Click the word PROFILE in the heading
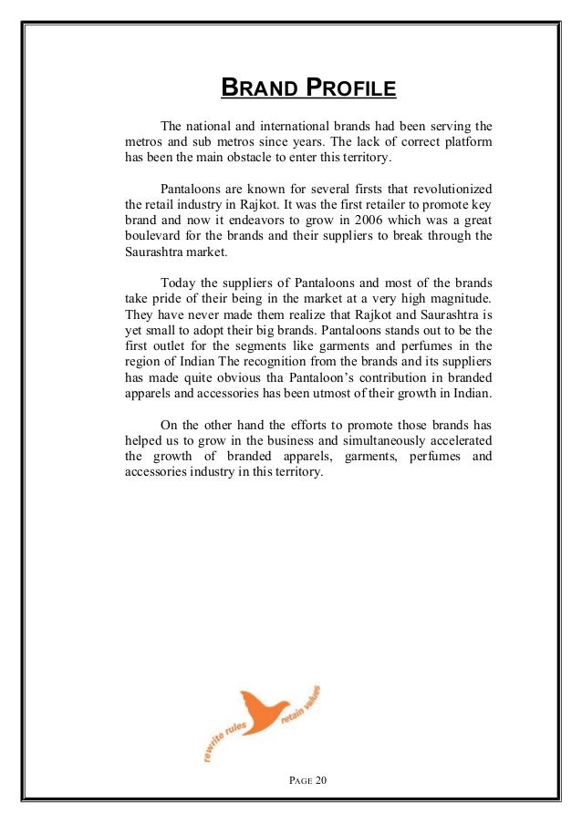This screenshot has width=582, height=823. (x=350, y=88)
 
